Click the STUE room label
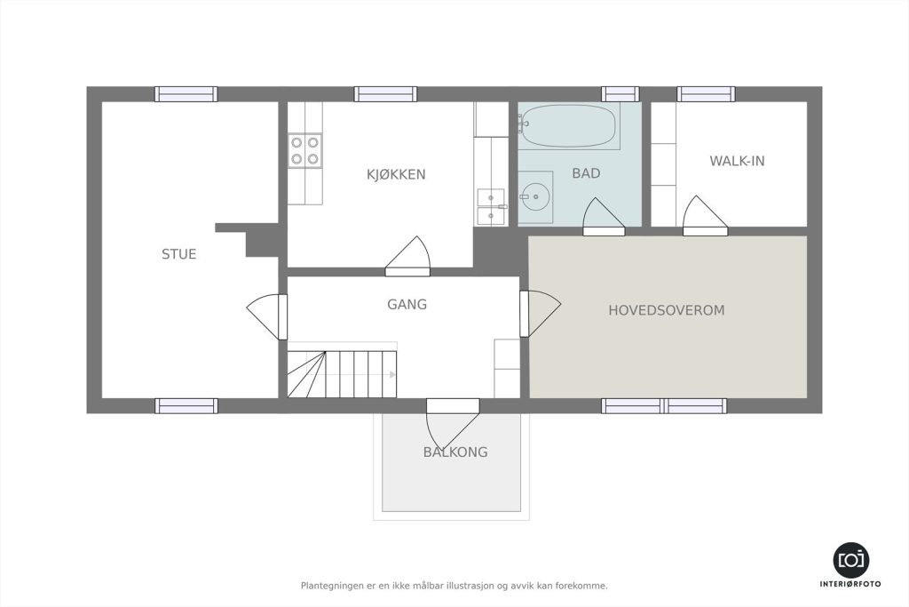click(178, 254)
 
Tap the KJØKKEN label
click(396, 174)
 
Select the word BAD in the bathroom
click(586, 173)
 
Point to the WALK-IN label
click(737, 161)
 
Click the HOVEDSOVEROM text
click(666, 310)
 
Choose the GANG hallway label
click(407, 304)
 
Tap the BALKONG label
click(455, 452)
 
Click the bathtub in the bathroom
click(568, 126)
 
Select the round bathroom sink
click(535, 196)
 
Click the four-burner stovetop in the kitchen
click(305, 150)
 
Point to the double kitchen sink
click(490, 207)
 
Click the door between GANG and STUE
click(267, 317)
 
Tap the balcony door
click(453, 423)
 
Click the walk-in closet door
click(705, 216)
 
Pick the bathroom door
click(604, 217)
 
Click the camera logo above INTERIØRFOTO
click(851, 560)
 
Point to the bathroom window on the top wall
click(620, 94)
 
